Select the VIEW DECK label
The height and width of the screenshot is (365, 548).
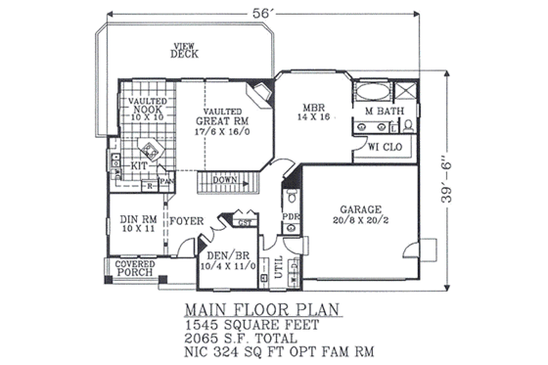click(x=183, y=50)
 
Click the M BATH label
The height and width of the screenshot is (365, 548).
click(x=385, y=113)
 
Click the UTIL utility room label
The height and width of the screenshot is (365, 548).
click(x=279, y=266)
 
